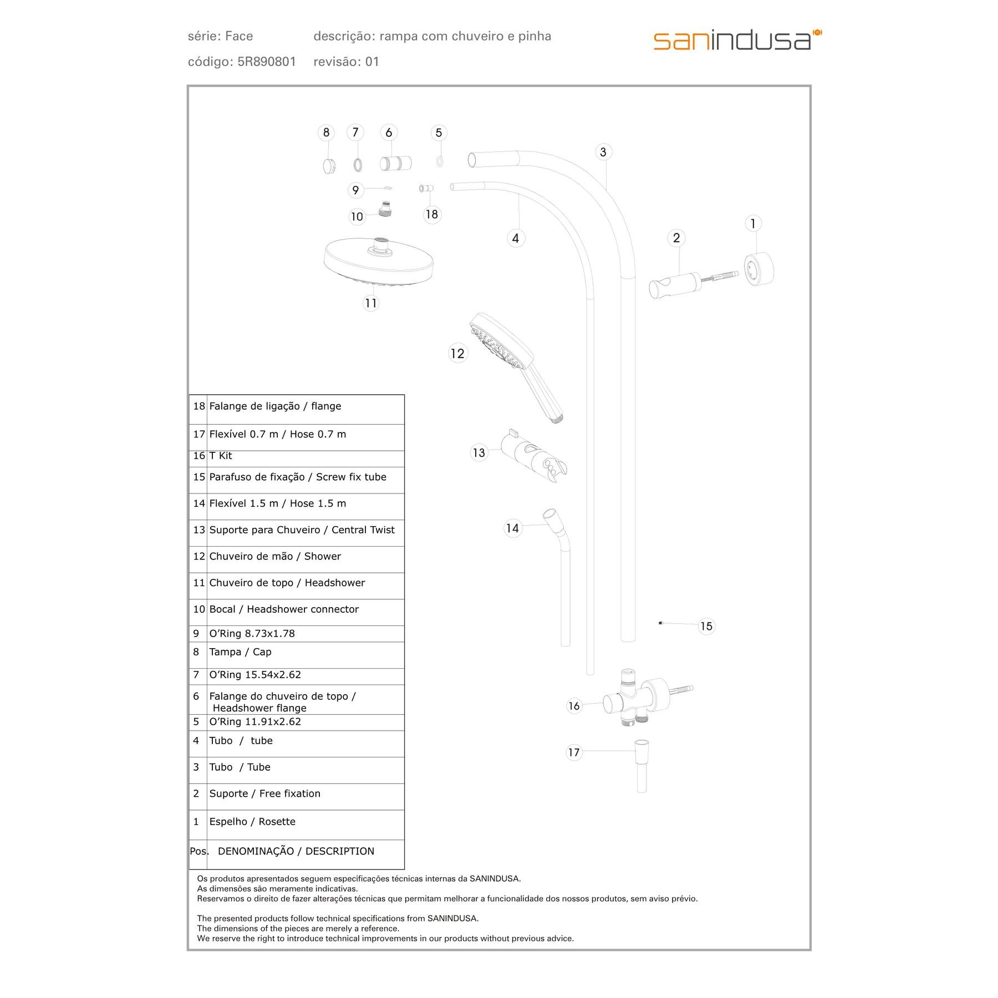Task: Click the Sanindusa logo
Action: coord(737,40)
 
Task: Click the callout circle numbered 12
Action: coord(457,353)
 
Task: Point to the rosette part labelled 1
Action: coord(758,270)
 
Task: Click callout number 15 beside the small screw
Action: coord(706,626)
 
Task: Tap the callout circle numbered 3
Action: coord(603,152)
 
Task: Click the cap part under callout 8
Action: coord(329,165)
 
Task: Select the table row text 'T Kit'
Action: coord(221,456)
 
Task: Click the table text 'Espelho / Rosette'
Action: coord(252,822)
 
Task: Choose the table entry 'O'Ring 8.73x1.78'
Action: coord(252,634)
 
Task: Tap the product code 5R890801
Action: coord(267,62)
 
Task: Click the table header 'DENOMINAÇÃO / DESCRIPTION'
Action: coord(296,851)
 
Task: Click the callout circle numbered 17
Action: coord(574,752)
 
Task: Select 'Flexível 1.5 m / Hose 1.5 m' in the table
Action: coord(277,503)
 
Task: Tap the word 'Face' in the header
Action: coord(240,37)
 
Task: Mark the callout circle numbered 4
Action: coord(516,238)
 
